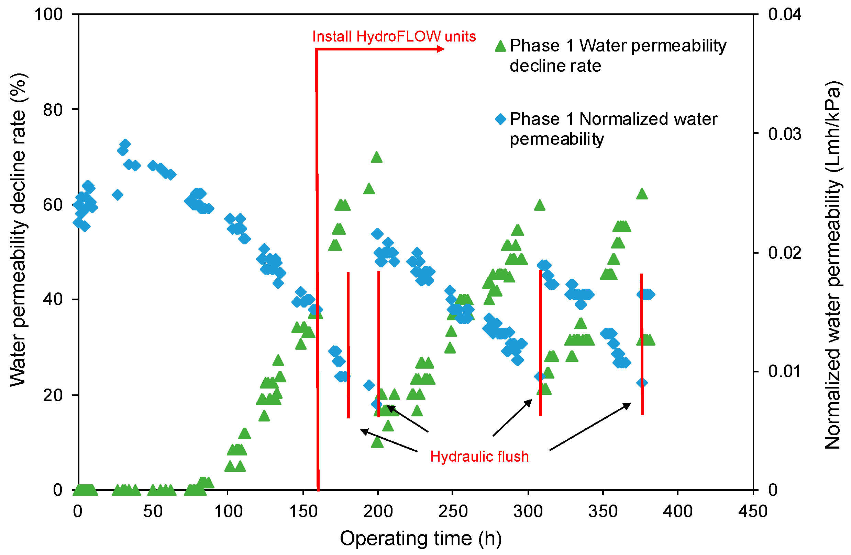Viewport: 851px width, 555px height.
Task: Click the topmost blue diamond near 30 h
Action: tap(125, 144)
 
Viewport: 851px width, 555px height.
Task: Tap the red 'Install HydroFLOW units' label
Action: tap(394, 36)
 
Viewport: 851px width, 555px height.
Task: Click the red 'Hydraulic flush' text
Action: tap(479, 456)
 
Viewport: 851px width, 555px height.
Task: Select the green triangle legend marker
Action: tap(500, 46)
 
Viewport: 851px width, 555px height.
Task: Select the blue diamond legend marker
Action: tap(500, 119)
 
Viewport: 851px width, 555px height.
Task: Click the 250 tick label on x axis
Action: tap(453, 511)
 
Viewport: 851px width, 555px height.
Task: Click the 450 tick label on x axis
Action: tap(753, 511)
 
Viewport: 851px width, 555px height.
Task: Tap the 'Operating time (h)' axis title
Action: tap(420, 538)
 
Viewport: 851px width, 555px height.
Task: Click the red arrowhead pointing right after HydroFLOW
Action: tap(441, 49)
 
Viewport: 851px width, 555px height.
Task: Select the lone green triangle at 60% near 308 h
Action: tap(540, 206)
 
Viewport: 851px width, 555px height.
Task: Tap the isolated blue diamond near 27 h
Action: tap(118, 195)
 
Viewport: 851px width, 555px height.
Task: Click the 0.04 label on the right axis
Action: tap(784, 15)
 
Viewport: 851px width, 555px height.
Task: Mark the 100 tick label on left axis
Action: tap(48, 15)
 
